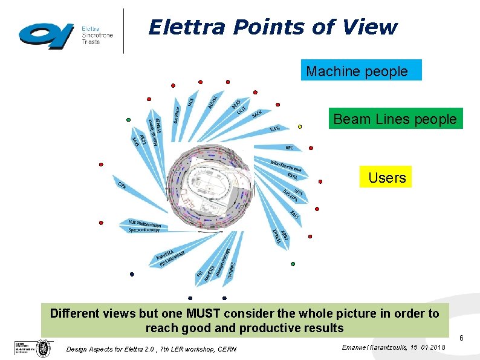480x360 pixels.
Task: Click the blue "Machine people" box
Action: [361, 70]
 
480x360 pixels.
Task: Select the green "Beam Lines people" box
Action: [396, 119]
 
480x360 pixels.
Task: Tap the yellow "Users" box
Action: [386, 177]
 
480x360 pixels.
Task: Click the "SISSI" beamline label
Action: [276, 128]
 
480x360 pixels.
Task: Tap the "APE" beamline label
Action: [289, 147]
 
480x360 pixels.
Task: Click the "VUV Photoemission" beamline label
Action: [144, 223]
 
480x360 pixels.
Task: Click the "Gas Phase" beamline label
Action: [176, 113]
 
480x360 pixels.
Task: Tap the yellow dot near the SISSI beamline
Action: [300, 126]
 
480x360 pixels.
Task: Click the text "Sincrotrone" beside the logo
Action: [97, 36]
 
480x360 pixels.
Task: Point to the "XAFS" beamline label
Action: [294, 215]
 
